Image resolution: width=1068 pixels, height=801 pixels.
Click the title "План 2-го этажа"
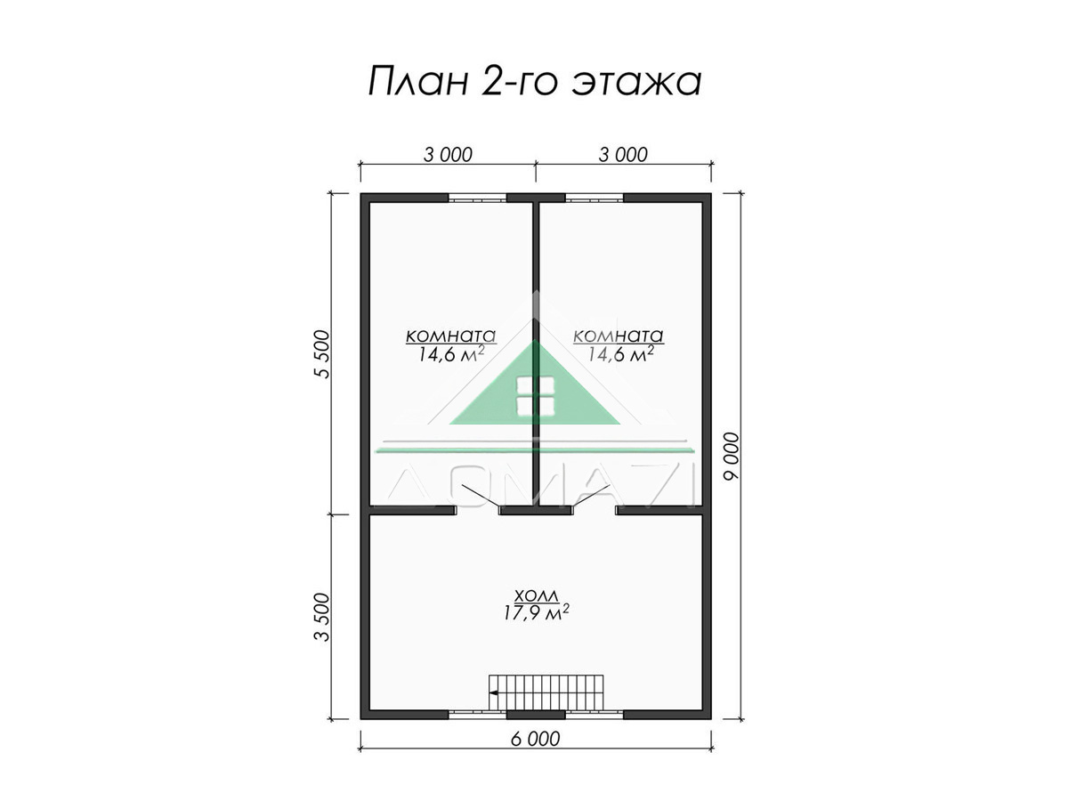click(x=534, y=82)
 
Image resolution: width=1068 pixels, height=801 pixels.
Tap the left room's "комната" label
click(x=450, y=336)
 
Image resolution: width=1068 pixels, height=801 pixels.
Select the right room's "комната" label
click(x=618, y=336)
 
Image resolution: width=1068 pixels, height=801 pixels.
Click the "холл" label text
click(x=536, y=595)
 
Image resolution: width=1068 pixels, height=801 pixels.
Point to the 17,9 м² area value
click(x=536, y=613)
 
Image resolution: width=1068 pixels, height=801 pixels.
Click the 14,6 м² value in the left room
click(x=451, y=354)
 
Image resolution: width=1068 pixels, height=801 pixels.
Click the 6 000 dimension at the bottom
click(x=536, y=740)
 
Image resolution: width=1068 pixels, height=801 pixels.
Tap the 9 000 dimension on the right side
click(x=732, y=457)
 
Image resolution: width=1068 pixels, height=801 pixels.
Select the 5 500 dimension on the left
click(x=322, y=354)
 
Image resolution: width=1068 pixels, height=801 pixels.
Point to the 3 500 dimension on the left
click(x=322, y=617)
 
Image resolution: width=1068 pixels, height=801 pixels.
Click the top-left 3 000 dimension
click(x=448, y=155)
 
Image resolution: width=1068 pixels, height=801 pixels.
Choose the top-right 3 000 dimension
click(x=623, y=155)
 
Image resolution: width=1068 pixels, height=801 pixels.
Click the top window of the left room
click(x=477, y=198)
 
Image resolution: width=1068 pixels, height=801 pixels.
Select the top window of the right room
click(x=595, y=198)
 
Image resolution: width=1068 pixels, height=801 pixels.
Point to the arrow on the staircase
click(x=493, y=692)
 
